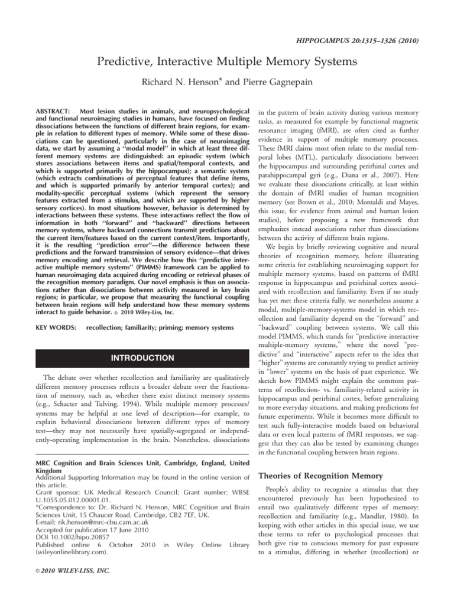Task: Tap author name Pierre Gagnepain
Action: point(264,80)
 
